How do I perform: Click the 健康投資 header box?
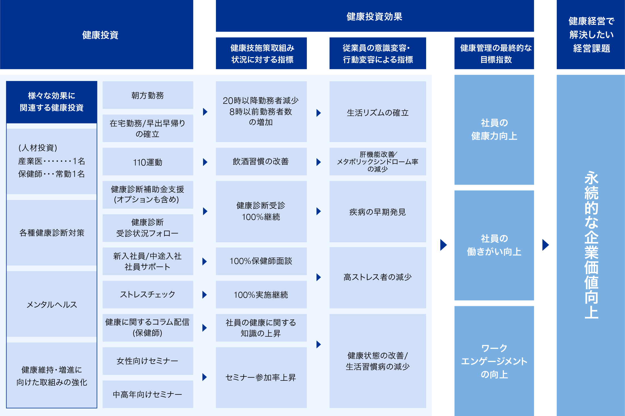click(97, 34)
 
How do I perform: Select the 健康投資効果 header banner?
click(375, 16)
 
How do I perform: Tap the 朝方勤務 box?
click(148, 95)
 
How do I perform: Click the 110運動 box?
click(148, 162)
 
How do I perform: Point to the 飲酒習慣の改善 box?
click(261, 162)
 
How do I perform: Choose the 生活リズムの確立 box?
click(378, 112)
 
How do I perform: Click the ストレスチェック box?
click(148, 295)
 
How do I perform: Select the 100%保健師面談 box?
click(261, 261)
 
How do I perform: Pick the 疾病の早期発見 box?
click(378, 212)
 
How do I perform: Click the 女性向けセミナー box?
click(148, 361)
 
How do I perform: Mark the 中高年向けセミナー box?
click(148, 394)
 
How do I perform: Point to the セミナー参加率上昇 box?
click(261, 378)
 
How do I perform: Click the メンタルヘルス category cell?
click(52, 304)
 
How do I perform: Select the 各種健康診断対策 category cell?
click(52, 233)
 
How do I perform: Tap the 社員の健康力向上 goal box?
click(494, 130)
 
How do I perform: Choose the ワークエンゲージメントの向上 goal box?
click(494, 361)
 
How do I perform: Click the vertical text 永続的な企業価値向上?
click(591, 245)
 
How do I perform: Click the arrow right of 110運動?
click(205, 162)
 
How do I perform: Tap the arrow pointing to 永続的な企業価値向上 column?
click(545, 245)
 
